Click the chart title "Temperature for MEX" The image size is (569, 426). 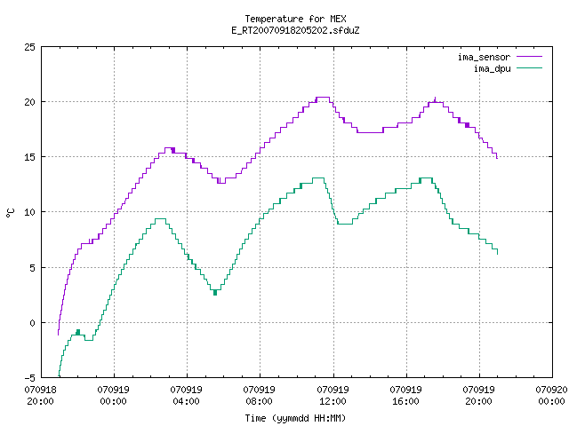pyautogui.click(x=295, y=19)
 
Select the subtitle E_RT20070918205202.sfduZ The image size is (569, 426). pyautogui.click(x=295, y=30)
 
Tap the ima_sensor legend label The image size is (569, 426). pyautogui.click(x=484, y=57)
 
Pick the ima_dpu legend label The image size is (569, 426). pyautogui.click(x=492, y=68)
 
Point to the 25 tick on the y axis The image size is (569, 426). pyautogui.click(x=29, y=47)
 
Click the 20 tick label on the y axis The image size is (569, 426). pyautogui.click(x=29, y=102)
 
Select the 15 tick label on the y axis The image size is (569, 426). pyautogui.click(x=29, y=157)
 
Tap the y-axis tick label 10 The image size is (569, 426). pyautogui.click(x=29, y=212)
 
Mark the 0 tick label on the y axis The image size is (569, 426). pyautogui.click(x=33, y=323)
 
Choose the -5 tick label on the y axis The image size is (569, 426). pyautogui.click(x=29, y=378)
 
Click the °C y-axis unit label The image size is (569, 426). pyautogui.click(x=11, y=213)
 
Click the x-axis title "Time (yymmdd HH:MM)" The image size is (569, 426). pyautogui.click(x=295, y=418)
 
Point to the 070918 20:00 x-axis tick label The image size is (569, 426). pyautogui.click(x=41, y=396)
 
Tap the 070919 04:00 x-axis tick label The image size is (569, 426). pyautogui.click(x=187, y=396)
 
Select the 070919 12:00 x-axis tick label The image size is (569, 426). pyautogui.click(x=333, y=396)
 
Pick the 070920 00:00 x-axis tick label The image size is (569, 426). pyautogui.click(x=551, y=396)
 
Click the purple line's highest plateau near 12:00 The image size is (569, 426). pyautogui.click(x=323, y=97)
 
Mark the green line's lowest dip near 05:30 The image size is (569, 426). pyautogui.click(x=215, y=293)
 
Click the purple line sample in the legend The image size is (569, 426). pyautogui.click(x=530, y=57)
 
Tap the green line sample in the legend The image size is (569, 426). pyautogui.click(x=530, y=68)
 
